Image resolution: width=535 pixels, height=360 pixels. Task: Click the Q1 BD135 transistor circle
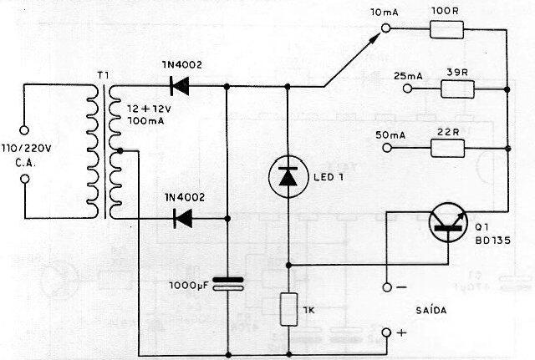tap(448, 224)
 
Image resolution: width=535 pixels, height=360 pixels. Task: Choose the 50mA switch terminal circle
tap(386, 148)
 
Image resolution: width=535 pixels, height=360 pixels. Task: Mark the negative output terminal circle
tap(386, 288)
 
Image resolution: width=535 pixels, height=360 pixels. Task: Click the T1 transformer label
tap(103, 76)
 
